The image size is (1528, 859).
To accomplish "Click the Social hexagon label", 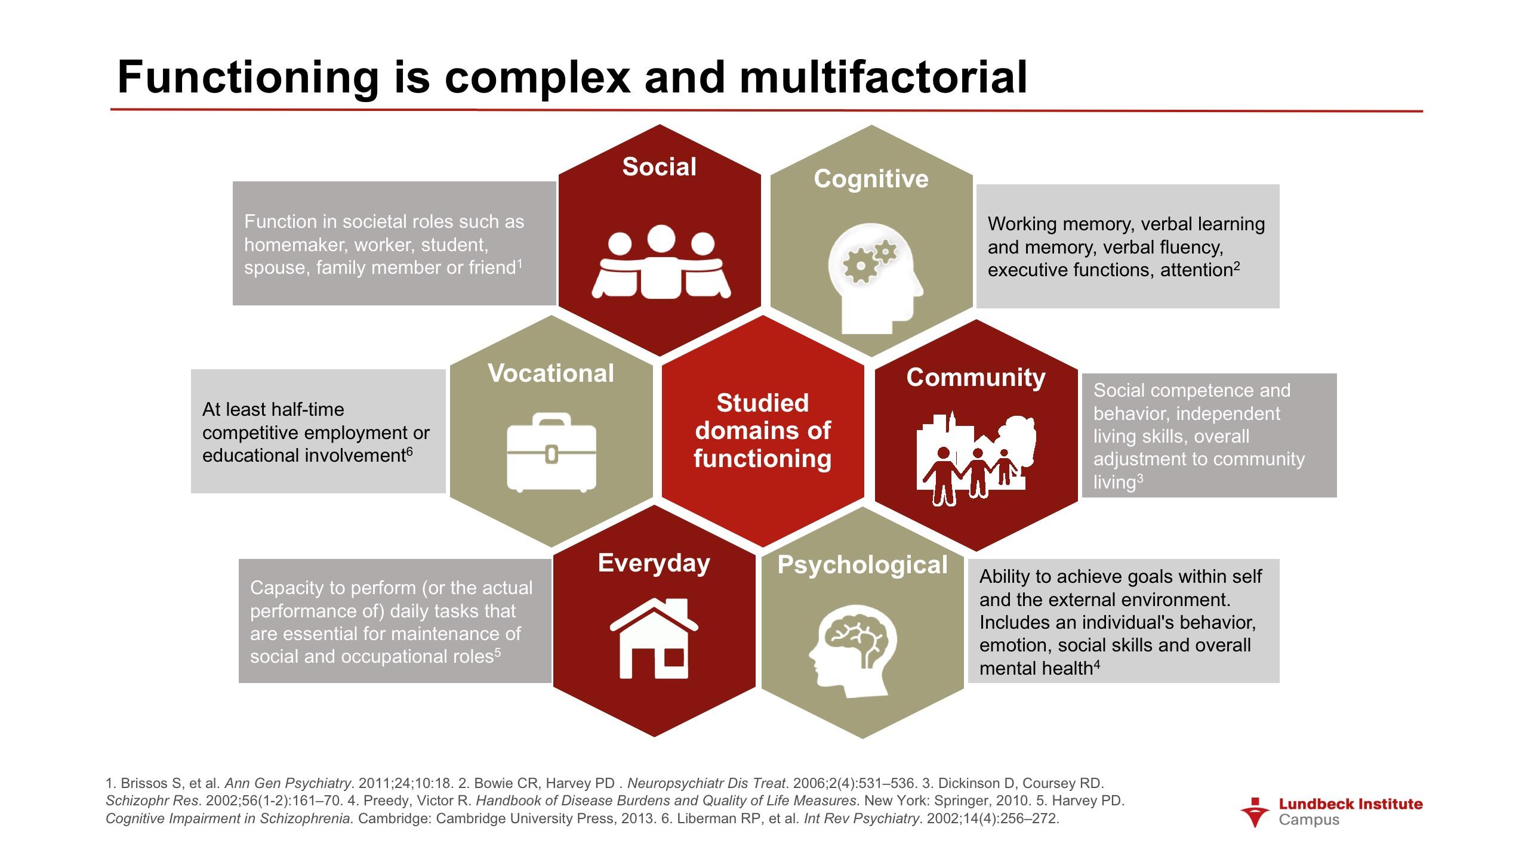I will [659, 167].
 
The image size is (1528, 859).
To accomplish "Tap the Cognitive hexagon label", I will [871, 179].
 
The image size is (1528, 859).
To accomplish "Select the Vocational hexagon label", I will [550, 373].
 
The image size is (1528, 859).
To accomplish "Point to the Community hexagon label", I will [976, 378].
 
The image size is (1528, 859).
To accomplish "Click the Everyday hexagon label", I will [654, 563].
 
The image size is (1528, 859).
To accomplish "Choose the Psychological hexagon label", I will [862, 565].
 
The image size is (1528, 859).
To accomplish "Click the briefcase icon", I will [551, 453].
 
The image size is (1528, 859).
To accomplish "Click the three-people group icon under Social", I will [661, 262].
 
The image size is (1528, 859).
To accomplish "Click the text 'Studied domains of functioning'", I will [762, 431].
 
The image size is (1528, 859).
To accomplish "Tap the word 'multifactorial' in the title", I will [883, 78].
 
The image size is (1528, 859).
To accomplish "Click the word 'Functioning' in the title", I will [248, 78].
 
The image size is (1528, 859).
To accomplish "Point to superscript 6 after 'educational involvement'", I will [409, 452].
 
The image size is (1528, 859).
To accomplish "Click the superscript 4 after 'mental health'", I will [1096, 664].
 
